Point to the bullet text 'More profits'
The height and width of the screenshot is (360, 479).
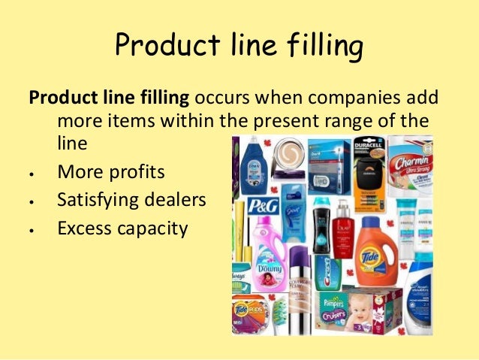point(110,171)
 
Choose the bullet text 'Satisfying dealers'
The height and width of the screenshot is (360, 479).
point(133,200)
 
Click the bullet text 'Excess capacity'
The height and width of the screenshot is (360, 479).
point(122,228)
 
